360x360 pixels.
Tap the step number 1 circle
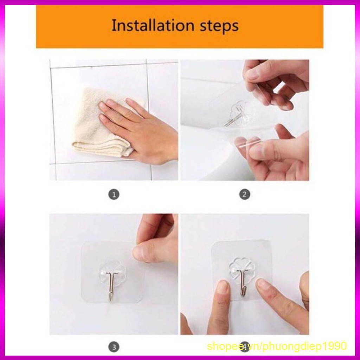point(114,195)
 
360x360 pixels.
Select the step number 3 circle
point(114,347)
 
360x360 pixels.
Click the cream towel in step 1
point(99,124)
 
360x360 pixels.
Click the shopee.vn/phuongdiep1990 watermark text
point(277,346)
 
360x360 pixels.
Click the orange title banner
point(180,27)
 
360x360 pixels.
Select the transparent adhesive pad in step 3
point(112,272)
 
